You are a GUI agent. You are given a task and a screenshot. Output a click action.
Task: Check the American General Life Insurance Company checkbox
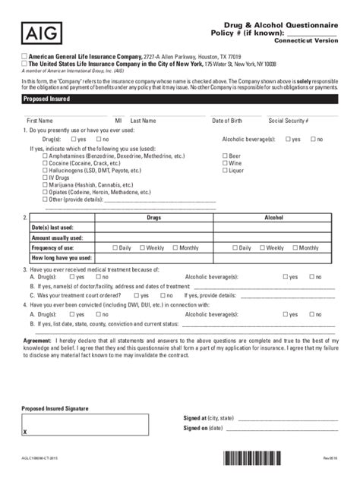point(24,57)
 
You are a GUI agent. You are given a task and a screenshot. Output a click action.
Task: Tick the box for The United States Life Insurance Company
point(24,64)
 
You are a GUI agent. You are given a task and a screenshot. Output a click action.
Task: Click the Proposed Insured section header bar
point(180,99)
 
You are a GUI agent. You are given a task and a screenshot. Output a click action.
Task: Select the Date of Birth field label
point(228,121)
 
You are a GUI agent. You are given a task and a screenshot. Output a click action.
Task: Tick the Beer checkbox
point(225,156)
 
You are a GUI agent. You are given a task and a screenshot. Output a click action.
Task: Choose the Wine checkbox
point(225,163)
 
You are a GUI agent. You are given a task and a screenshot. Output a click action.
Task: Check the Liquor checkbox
point(225,171)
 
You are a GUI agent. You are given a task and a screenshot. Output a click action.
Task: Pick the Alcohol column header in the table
point(273,217)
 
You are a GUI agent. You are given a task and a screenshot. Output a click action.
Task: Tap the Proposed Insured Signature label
point(55,408)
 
